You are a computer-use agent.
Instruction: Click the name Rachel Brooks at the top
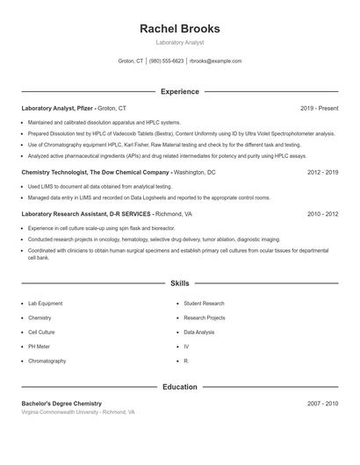(x=180, y=29)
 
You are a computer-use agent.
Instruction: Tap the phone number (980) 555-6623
(x=167, y=61)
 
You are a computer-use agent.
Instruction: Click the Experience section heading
(x=180, y=91)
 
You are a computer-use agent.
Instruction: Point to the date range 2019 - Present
(x=319, y=108)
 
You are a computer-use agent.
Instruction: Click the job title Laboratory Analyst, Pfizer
(x=58, y=108)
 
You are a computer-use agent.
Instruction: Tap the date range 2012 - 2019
(x=322, y=173)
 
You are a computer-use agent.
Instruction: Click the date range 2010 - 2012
(x=322, y=213)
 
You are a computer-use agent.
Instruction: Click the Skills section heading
(x=180, y=283)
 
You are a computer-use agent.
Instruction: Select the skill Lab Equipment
(x=45, y=304)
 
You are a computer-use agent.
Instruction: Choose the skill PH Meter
(x=40, y=347)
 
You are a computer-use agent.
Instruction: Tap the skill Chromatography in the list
(x=47, y=361)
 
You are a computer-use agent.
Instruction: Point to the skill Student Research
(x=204, y=304)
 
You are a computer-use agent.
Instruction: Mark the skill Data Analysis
(x=199, y=333)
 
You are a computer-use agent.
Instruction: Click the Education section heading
(x=180, y=387)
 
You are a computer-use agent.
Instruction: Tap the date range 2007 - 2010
(x=322, y=404)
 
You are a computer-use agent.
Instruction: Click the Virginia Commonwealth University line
(x=77, y=411)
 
